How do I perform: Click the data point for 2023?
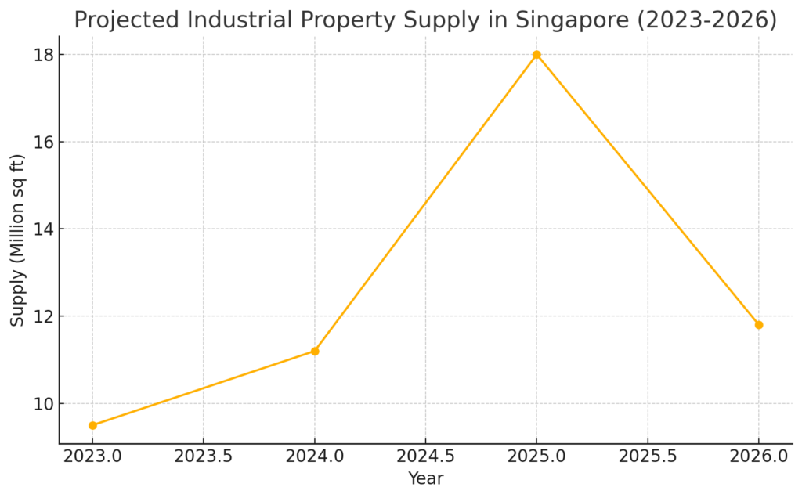coord(92,425)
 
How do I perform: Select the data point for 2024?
coord(315,351)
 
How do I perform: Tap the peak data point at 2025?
coord(536,55)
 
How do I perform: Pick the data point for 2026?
coord(758,325)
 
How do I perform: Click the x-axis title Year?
coord(425,478)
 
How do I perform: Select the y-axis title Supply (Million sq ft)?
coord(17,240)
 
